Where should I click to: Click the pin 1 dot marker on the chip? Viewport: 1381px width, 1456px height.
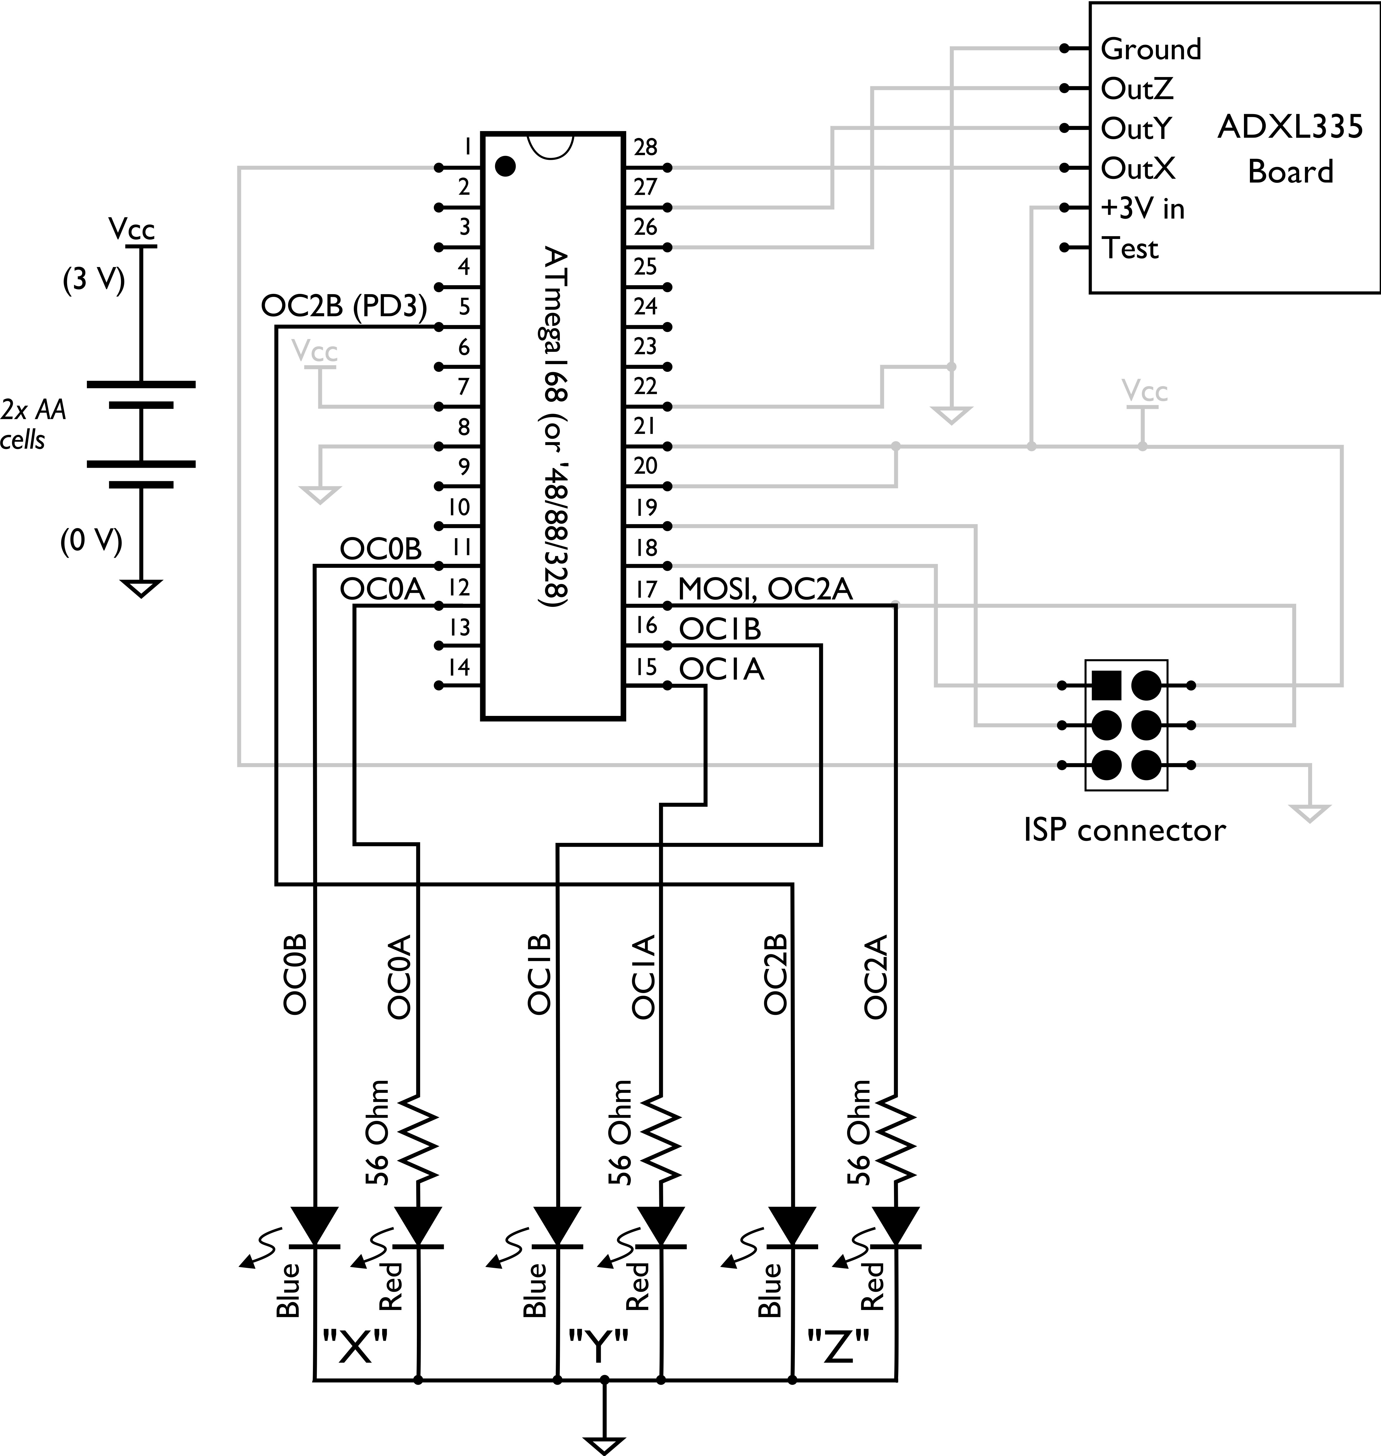[x=505, y=166]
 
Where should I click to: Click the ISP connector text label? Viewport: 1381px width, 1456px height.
[x=1124, y=830]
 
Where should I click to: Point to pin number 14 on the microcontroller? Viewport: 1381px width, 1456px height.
[x=459, y=667]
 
